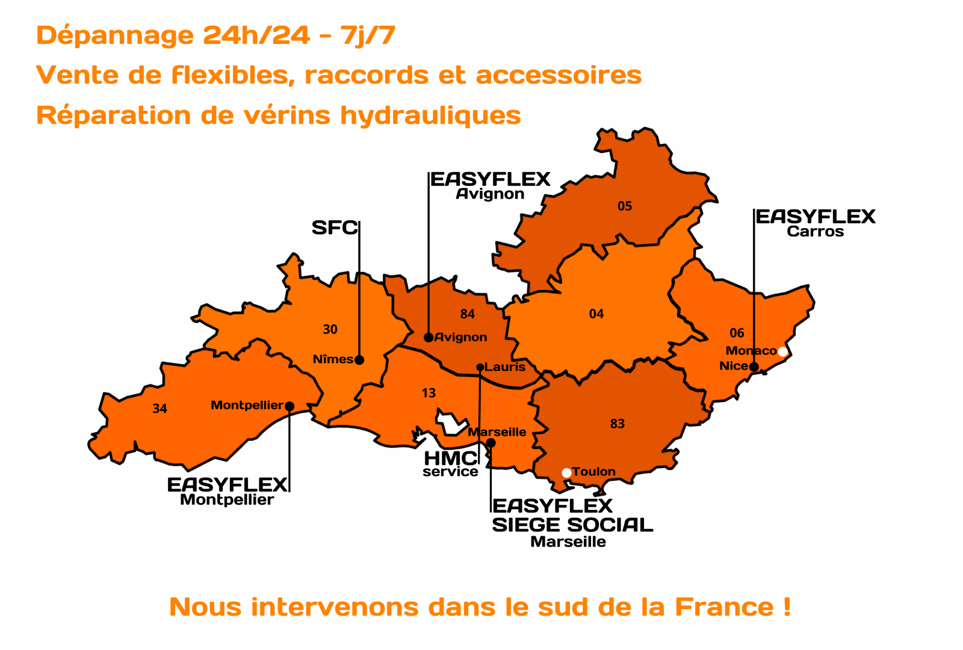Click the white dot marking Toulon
point(566,473)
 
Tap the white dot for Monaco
point(782,351)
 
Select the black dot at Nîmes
point(359,360)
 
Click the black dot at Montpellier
point(290,406)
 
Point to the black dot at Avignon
point(429,338)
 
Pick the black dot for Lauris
point(480,367)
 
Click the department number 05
point(625,206)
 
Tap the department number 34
point(159,409)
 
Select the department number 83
point(618,424)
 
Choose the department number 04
point(596,314)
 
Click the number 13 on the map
point(429,394)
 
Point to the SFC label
point(335,228)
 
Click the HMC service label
point(450,464)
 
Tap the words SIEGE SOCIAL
point(572,525)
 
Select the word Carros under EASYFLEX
point(816,232)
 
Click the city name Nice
point(734,366)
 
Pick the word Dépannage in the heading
point(115,36)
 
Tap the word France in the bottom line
point(724,607)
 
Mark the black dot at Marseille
point(491,443)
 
